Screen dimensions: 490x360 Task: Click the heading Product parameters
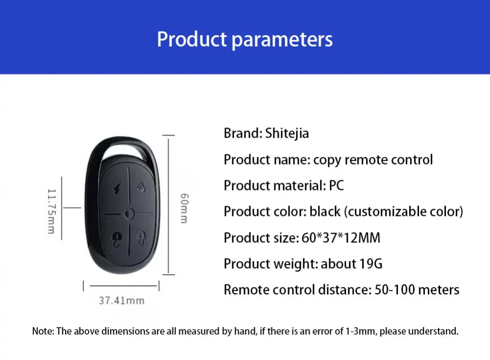pyautogui.click(x=245, y=40)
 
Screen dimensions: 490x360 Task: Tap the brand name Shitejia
pyautogui.click(x=287, y=133)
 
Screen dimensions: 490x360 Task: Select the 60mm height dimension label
pyautogui.click(x=184, y=208)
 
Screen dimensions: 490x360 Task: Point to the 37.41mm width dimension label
pyautogui.click(x=122, y=301)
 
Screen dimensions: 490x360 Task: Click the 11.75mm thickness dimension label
pyautogui.click(x=51, y=211)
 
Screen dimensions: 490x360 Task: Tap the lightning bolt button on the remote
pyautogui.click(x=117, y=189)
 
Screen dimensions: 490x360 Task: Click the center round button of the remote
pyautogui.click(x=129, y=214)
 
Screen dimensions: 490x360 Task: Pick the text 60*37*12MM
pyautogui.click(x=341, y=238)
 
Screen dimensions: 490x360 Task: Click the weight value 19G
pyautogui.click(x=370, y=264)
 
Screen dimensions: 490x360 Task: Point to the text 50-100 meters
pyautogui.click(x=417, y=289)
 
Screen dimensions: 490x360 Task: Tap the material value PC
pyautogui.click(x=336, y=186)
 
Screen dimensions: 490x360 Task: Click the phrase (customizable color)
pyautogui.click(x=403, y=212)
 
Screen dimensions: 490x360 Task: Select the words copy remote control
pyautogui.click(x=373, y=160)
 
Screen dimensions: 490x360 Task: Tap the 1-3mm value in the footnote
pyautogui.click(x=361, y=331)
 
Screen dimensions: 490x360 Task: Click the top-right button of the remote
pyautogui.click(x=142, y=188)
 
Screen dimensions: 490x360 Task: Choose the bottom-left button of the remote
pyautogui.click(x=117, y=239)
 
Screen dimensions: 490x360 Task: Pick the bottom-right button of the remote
pyautogui.click(x=142, y=239)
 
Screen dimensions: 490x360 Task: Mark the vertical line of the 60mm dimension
pyautogui.click(x=169, y=205)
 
